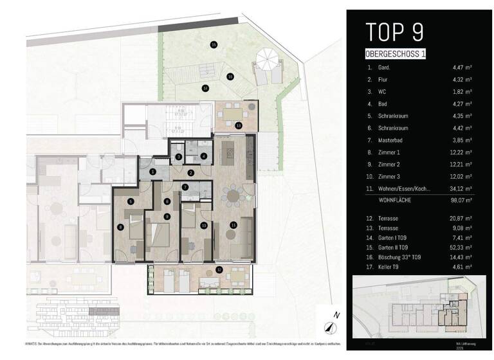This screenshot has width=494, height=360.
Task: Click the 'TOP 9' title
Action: [395, 32]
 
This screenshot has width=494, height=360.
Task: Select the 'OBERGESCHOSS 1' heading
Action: [395, 54]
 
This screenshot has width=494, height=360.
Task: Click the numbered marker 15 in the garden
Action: [214, 44]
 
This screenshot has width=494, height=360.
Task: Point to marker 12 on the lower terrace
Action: [219, 270]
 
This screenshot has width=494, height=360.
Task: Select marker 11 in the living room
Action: [233, 224]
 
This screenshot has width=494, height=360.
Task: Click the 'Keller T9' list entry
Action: [387, 268]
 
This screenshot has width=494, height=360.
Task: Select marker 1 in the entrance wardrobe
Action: [152, 172]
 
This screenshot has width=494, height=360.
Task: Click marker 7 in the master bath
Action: [185, 188]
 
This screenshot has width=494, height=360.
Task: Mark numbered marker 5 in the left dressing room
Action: [131, 201]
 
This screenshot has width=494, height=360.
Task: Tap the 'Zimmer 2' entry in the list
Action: [387, 165]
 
